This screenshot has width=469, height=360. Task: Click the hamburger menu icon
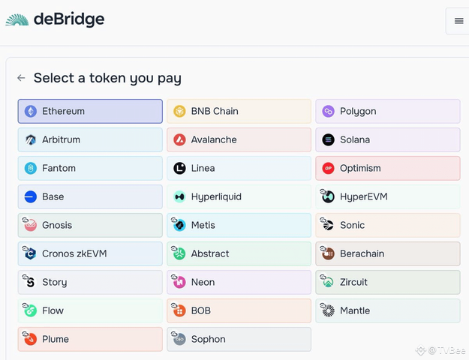[x=458, y=21]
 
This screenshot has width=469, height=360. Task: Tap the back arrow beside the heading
[x=21, y=78]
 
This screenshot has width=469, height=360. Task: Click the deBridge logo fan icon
[x=17, y=19]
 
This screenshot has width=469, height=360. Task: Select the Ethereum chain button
[x=90, y=111]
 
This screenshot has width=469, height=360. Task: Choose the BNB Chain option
[x=239, y=111]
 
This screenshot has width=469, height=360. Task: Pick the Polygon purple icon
[x=328, y=111]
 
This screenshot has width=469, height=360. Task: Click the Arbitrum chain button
[x=90, y=139]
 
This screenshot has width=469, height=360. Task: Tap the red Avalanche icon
[x=179, y=139]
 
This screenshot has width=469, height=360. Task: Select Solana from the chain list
[x=388, y=139]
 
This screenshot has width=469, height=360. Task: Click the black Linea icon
[x=179, y=168]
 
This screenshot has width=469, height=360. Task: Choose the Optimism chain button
[x=388, y=168]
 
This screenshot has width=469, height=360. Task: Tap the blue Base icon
[x=31, y=196]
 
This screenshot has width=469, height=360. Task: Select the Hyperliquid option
[x=239, y=196]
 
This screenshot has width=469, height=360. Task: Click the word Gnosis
[x=57, y=225]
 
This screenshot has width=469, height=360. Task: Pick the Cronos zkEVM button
[x=90, y=253]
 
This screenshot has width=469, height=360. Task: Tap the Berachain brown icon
[x=328, y=253]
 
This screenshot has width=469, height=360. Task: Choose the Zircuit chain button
[x=388, y=282]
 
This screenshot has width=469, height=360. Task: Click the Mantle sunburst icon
[x=328, y=310]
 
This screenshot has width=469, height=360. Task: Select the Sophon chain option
[x=239, y=339]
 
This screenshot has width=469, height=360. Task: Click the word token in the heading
[x=107, y=78]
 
